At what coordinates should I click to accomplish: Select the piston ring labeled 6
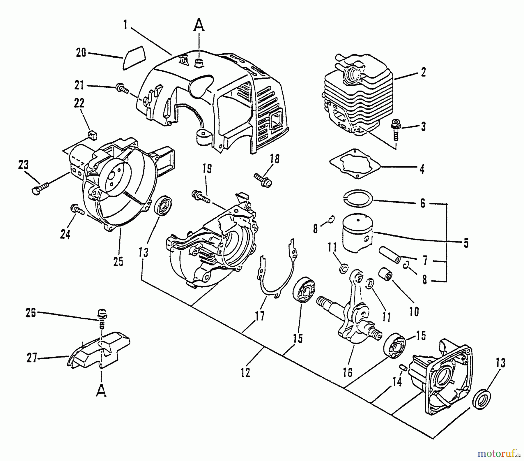357,198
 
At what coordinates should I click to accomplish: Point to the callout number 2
423,72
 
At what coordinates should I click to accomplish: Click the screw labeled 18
263,179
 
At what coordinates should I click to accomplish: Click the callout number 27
32,358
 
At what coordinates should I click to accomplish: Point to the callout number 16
348,372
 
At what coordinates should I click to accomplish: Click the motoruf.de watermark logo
499,453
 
